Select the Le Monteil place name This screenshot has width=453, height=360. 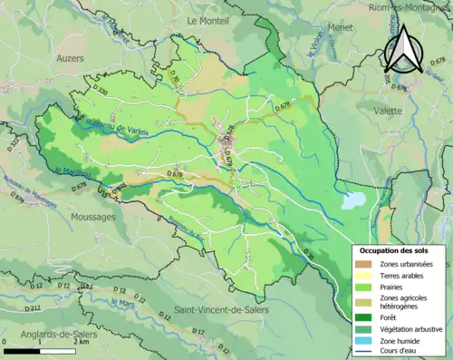point(207,19)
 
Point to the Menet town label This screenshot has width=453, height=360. point(342,53)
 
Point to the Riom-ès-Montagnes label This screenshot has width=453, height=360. point(410,7)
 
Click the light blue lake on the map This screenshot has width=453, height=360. point(353,199)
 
